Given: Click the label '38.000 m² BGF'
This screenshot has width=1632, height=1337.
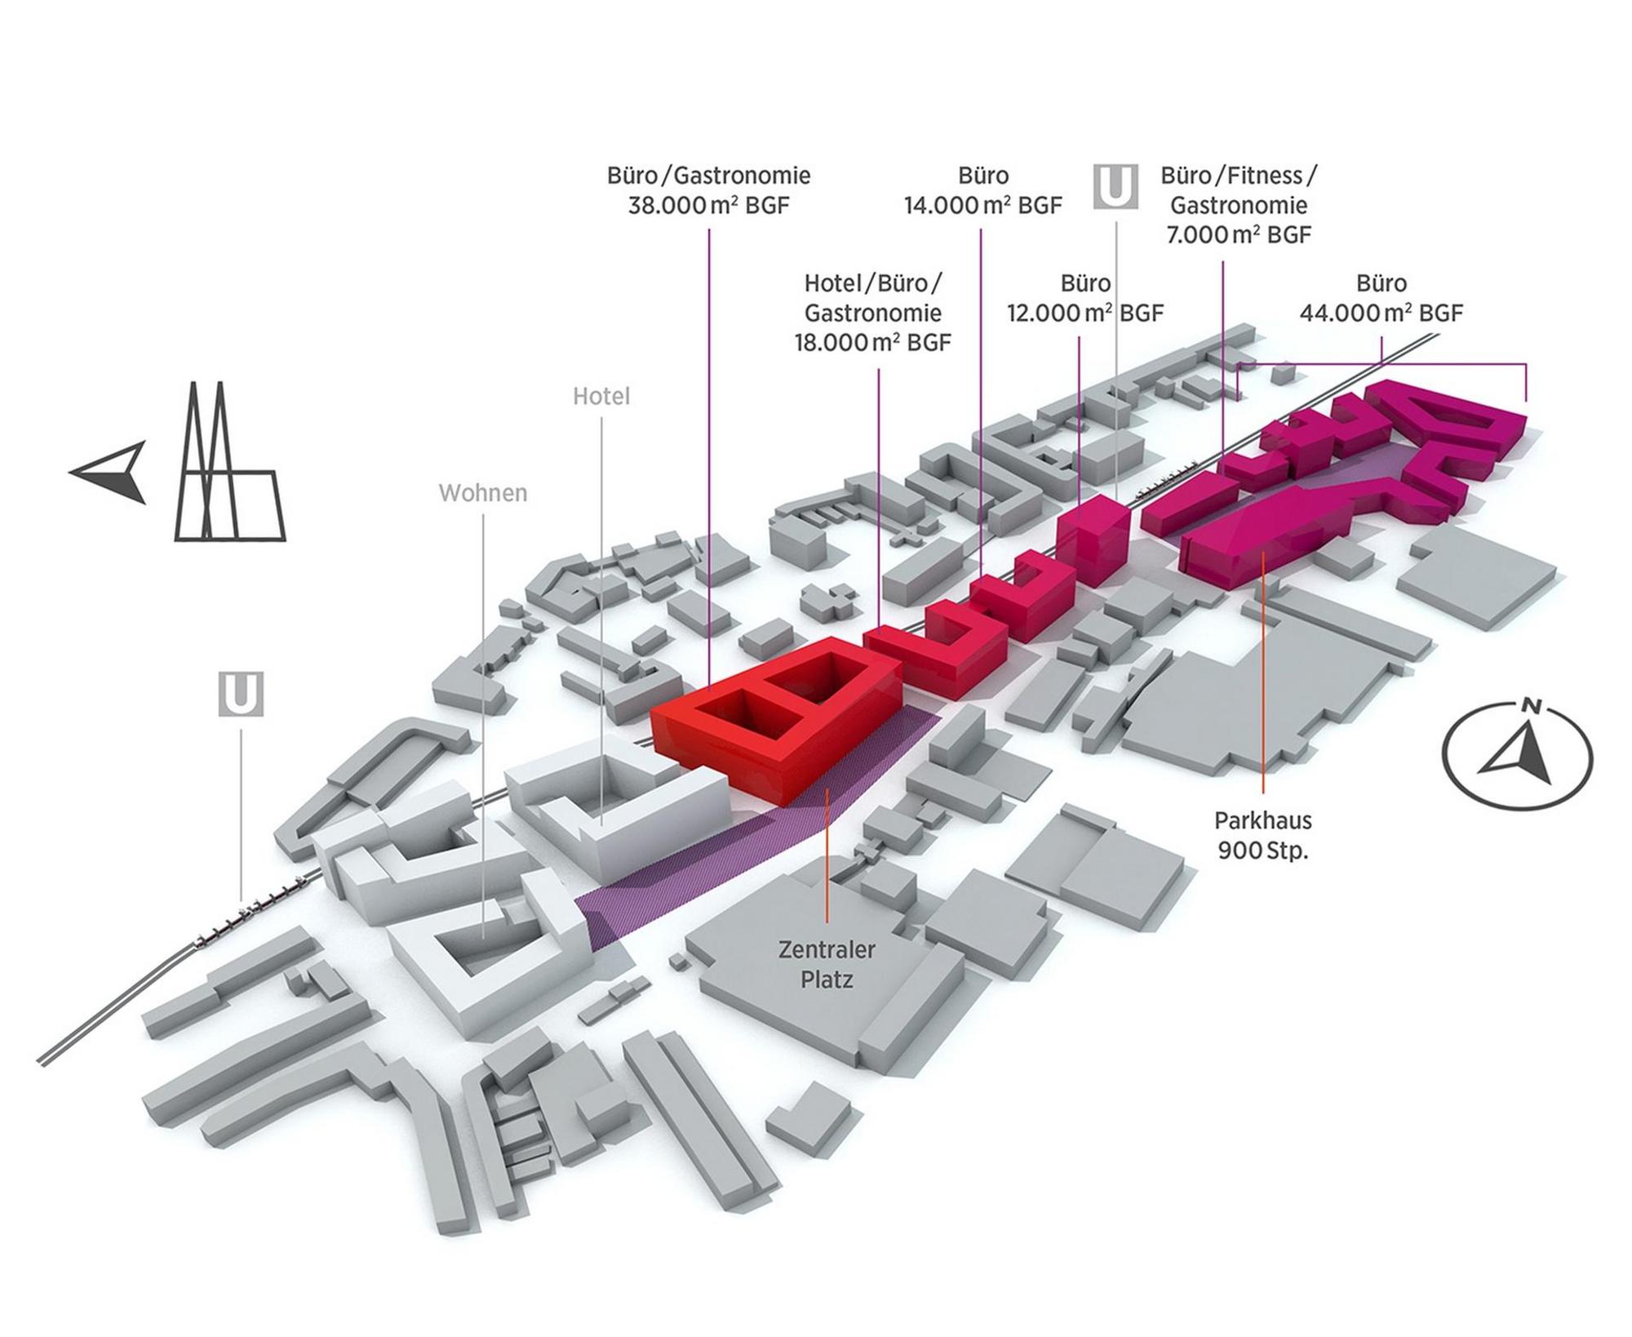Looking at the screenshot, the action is coord(708,205).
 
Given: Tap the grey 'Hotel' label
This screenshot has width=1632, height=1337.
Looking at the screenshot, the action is coord(601,397).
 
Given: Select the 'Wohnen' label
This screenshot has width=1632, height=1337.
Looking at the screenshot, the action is coord(483,493).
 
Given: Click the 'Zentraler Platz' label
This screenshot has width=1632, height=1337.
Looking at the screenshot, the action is coord(827,965).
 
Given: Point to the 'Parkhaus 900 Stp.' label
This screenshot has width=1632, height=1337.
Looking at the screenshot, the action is coord(1262,835).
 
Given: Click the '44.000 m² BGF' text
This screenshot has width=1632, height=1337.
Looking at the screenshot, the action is coord(1381,313).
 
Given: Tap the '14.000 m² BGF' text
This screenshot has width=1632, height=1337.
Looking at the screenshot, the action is coord(982,205).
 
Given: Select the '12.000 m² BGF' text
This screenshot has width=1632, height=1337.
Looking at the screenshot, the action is coord(1085,313).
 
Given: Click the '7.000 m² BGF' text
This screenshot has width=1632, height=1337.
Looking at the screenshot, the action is coord(1239,235).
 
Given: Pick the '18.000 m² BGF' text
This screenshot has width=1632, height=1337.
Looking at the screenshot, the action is coord(873,343).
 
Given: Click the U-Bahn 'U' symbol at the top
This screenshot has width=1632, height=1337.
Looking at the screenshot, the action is coord(1115,187).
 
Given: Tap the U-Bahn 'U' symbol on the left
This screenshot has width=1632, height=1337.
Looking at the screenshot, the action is coord(241,695).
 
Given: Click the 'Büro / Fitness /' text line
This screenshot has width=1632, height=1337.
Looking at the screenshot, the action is coord(1239,175).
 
